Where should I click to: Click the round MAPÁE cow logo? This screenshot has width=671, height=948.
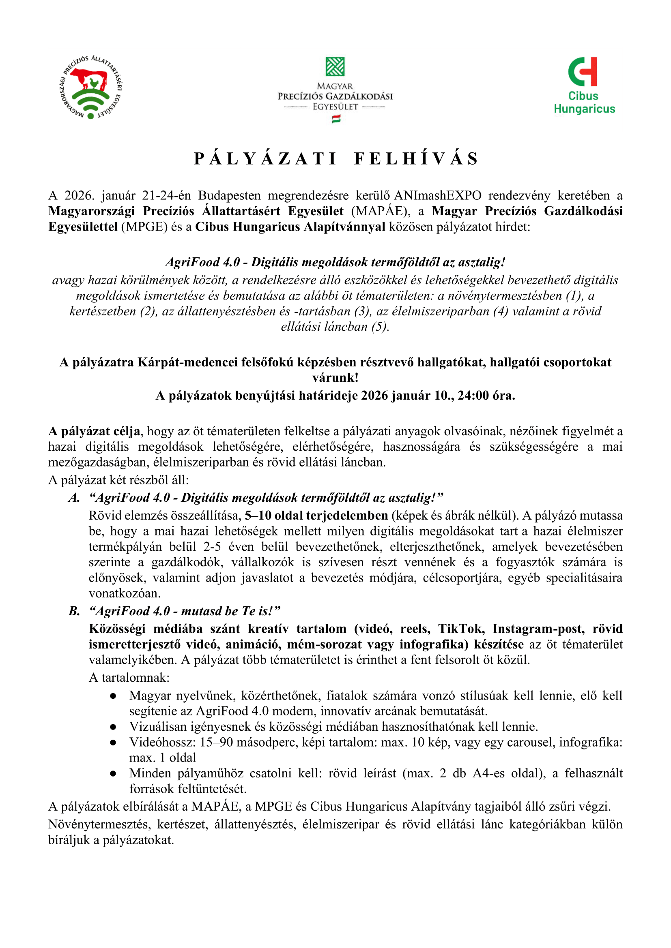point(90,87)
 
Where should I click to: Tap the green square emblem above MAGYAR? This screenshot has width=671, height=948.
point(335,67)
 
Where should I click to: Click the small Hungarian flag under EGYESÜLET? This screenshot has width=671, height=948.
point(336,119)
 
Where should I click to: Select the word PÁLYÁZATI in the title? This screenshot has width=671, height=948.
point(265,158)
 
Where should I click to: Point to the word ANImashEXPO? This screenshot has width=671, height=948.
point(438,195)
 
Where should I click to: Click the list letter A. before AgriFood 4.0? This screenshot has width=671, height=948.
point(74,498)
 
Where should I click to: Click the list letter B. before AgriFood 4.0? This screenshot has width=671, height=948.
point(74,611)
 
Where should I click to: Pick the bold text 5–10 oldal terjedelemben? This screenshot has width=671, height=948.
point(316,515)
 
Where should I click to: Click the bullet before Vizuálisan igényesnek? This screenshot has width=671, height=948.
point(113,727)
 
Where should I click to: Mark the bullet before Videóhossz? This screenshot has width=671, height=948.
point(113,743)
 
